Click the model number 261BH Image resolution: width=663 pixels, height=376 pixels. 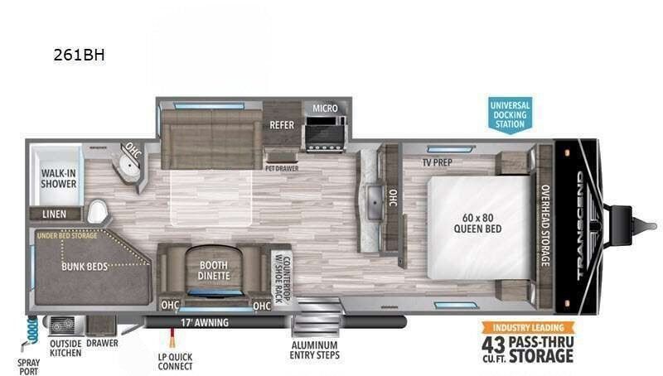(x=79, y=55)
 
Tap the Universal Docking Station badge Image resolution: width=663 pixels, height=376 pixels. (x=510, y=114)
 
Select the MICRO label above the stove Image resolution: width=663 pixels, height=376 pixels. (x=325, y=108)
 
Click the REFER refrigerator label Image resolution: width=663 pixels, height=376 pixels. (x=282, y=125)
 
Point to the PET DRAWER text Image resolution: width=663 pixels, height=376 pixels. (x=282, y=169)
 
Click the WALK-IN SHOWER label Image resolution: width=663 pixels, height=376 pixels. (x=59, y=178)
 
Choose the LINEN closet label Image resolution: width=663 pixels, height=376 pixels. (x=54, y=215)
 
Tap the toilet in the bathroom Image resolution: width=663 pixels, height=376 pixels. (x=97, y=211)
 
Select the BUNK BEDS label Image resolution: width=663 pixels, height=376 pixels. (x=85, y=267)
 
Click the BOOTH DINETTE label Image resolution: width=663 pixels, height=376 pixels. (x=214, y=270)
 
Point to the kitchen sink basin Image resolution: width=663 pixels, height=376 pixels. (x=375, y=202)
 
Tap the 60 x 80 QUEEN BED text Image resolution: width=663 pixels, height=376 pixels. (x=478, y=223)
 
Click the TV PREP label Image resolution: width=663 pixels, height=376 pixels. (x=438, y=162)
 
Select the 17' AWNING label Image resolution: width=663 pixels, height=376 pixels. (x=205, y=323)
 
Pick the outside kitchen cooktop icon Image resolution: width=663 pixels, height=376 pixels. (x=64, y=325)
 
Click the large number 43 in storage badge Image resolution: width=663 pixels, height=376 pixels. (x=493, y=345)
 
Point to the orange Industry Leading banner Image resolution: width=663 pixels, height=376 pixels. (x=529, y=327)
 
